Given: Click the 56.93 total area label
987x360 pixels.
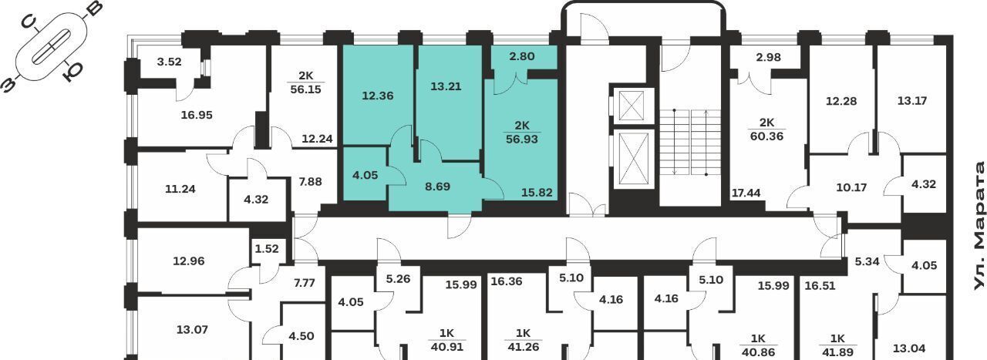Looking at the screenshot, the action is coord(522,140).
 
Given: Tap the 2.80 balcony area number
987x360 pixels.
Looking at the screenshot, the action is coord(522,56).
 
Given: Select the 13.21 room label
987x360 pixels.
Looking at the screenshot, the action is coord(446,86).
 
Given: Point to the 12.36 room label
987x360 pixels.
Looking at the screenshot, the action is coord(378,96).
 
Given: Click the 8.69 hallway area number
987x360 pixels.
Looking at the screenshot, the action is coord(437,187).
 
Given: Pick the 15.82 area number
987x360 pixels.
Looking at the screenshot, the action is coord(537,193).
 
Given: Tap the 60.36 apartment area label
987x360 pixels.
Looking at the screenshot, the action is coord(766,136).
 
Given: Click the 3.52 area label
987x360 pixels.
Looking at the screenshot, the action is coord(169,62).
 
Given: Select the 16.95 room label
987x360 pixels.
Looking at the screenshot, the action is coord(197,115).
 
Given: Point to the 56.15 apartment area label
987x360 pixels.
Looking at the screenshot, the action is coord(306,89).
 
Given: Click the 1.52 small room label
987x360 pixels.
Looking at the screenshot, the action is coord(267,249).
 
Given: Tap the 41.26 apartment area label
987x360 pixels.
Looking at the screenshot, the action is coord(523,347).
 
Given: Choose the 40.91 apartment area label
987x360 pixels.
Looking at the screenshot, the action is coord(446,347).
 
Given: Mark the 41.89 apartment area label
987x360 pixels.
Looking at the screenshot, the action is coord(837,352).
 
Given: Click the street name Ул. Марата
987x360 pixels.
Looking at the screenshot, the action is coord(979,226).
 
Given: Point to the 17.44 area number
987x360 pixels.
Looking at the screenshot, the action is coord(746,193).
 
